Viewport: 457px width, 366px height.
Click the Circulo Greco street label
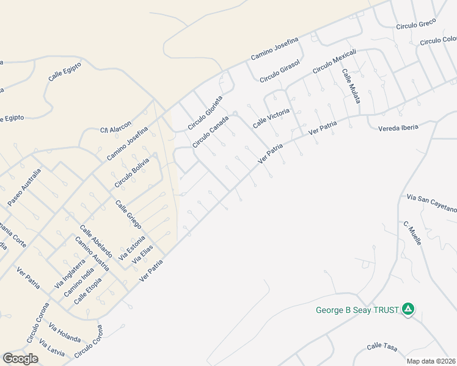pyautogui.click(x=415, y=24)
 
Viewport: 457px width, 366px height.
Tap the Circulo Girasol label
pyautogui.click(x=279, y=71)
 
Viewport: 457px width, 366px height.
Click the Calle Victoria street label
pyautogui.click(x=271, y=118)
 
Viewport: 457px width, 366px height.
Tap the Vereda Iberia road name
pyautogui.click(x=398, y=127)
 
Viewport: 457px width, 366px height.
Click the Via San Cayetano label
pyautogui.click(x=431, y=204)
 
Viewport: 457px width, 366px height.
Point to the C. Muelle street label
pyautogui.click(x=412, y=233)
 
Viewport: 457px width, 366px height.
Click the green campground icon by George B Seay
pyautogui.click(x=408, y=310)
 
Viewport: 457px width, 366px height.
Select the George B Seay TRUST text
pyautogui.click(x=357, y=310)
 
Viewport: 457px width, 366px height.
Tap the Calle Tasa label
pyautogui.click(x=382, y=347)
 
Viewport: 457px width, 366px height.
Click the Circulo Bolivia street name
pyautogui.click(x=131, y=173)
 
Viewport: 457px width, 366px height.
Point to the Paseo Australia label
pyautogui.click(x=24, y=187)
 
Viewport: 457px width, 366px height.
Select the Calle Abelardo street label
pyautogui.click(x=95, y=240)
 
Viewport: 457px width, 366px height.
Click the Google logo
pyautogui.click(x=20, y=358)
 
